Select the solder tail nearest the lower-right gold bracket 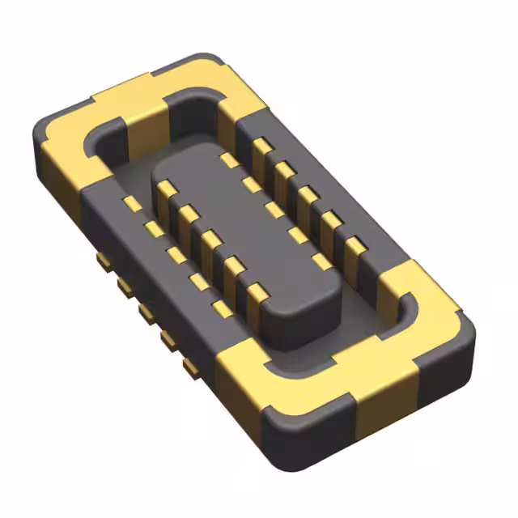191,368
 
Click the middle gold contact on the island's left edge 210,240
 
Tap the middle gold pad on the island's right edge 276,210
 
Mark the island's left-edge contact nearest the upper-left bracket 166,189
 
